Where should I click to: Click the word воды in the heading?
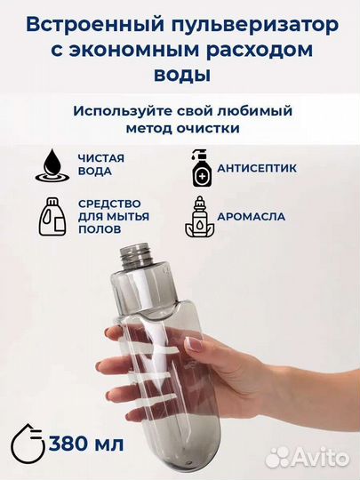point(180,76)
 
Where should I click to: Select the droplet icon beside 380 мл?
point(31,443)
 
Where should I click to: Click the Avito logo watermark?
point(308,456)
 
